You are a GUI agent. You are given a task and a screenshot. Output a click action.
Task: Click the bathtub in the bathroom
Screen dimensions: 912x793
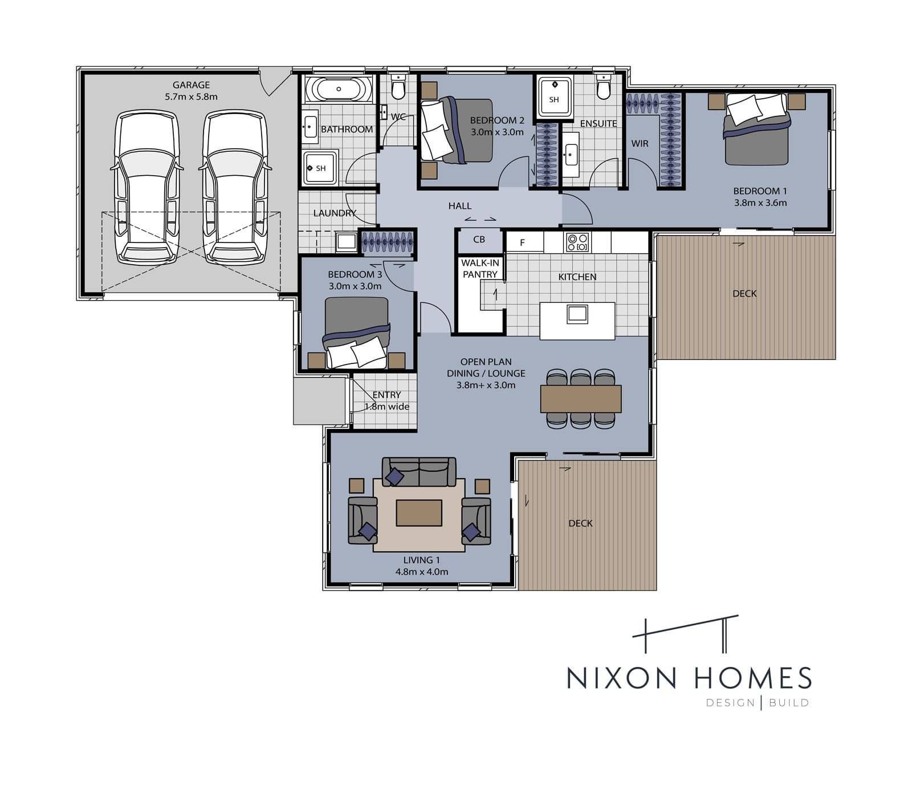(339, 90)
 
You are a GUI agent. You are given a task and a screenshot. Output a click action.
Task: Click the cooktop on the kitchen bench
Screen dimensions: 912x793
(576, 242)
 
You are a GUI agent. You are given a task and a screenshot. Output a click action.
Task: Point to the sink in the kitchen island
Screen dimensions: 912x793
(577, 313)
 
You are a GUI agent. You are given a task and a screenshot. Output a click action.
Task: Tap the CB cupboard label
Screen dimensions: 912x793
(479, 240)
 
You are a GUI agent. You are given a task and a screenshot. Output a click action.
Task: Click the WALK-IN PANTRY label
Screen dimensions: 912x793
(480, 269)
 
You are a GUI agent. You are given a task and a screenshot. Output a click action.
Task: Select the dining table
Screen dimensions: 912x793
(581, 398)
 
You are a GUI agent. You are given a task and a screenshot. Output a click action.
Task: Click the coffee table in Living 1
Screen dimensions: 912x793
(419, 512)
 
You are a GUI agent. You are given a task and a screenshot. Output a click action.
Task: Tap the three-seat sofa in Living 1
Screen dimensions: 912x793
(419, 472)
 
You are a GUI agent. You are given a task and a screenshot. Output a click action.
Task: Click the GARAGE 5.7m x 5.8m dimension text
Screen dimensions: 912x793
(192, 91)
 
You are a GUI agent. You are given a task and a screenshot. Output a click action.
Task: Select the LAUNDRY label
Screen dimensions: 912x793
(335, 213)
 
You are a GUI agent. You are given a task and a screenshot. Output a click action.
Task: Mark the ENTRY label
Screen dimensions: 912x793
(386, 395)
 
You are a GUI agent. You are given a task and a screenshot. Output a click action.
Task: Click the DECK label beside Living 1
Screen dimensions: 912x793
(580, 523)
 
